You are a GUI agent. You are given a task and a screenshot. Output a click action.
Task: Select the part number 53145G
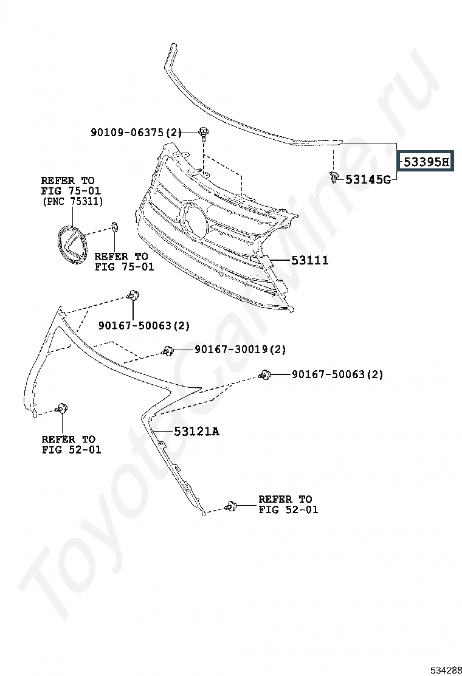pyautogui.click(x=368, y=179)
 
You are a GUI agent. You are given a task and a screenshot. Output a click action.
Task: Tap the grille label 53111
pyautogui.click(x=310, y=260)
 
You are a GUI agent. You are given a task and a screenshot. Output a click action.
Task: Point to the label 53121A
pyautogui.click(x=196, y=431)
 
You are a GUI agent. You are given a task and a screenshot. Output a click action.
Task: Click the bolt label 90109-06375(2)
pyautogui.click(x=136, y=133)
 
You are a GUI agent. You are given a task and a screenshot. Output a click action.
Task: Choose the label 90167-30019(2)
pyautogui.click(x=240, y=349)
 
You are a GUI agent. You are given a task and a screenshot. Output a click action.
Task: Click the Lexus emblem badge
pyautogui.click(x=72, y=244)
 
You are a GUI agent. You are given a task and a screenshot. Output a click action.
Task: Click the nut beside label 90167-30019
pyautogui.click(x=168, y=351)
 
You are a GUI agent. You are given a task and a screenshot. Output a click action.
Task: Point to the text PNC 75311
pyautogui.click(x=72, y=201)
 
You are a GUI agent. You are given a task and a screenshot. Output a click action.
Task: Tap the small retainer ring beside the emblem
pyautogui.click(x=115, y=226)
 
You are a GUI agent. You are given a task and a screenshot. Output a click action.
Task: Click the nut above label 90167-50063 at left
pyautogui.click(x=133, y=295)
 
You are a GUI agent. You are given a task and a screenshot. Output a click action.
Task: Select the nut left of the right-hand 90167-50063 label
pyautogui.click(x=264, y=374)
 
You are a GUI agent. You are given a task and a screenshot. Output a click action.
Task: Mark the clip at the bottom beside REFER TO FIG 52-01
pyautogui.click(x=231, y=506)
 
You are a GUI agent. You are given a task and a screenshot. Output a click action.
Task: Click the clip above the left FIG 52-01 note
pyautogui.click(x=62, y=408)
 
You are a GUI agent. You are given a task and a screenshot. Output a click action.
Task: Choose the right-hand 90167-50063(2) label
pyautogui.click(x=337, y=374)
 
